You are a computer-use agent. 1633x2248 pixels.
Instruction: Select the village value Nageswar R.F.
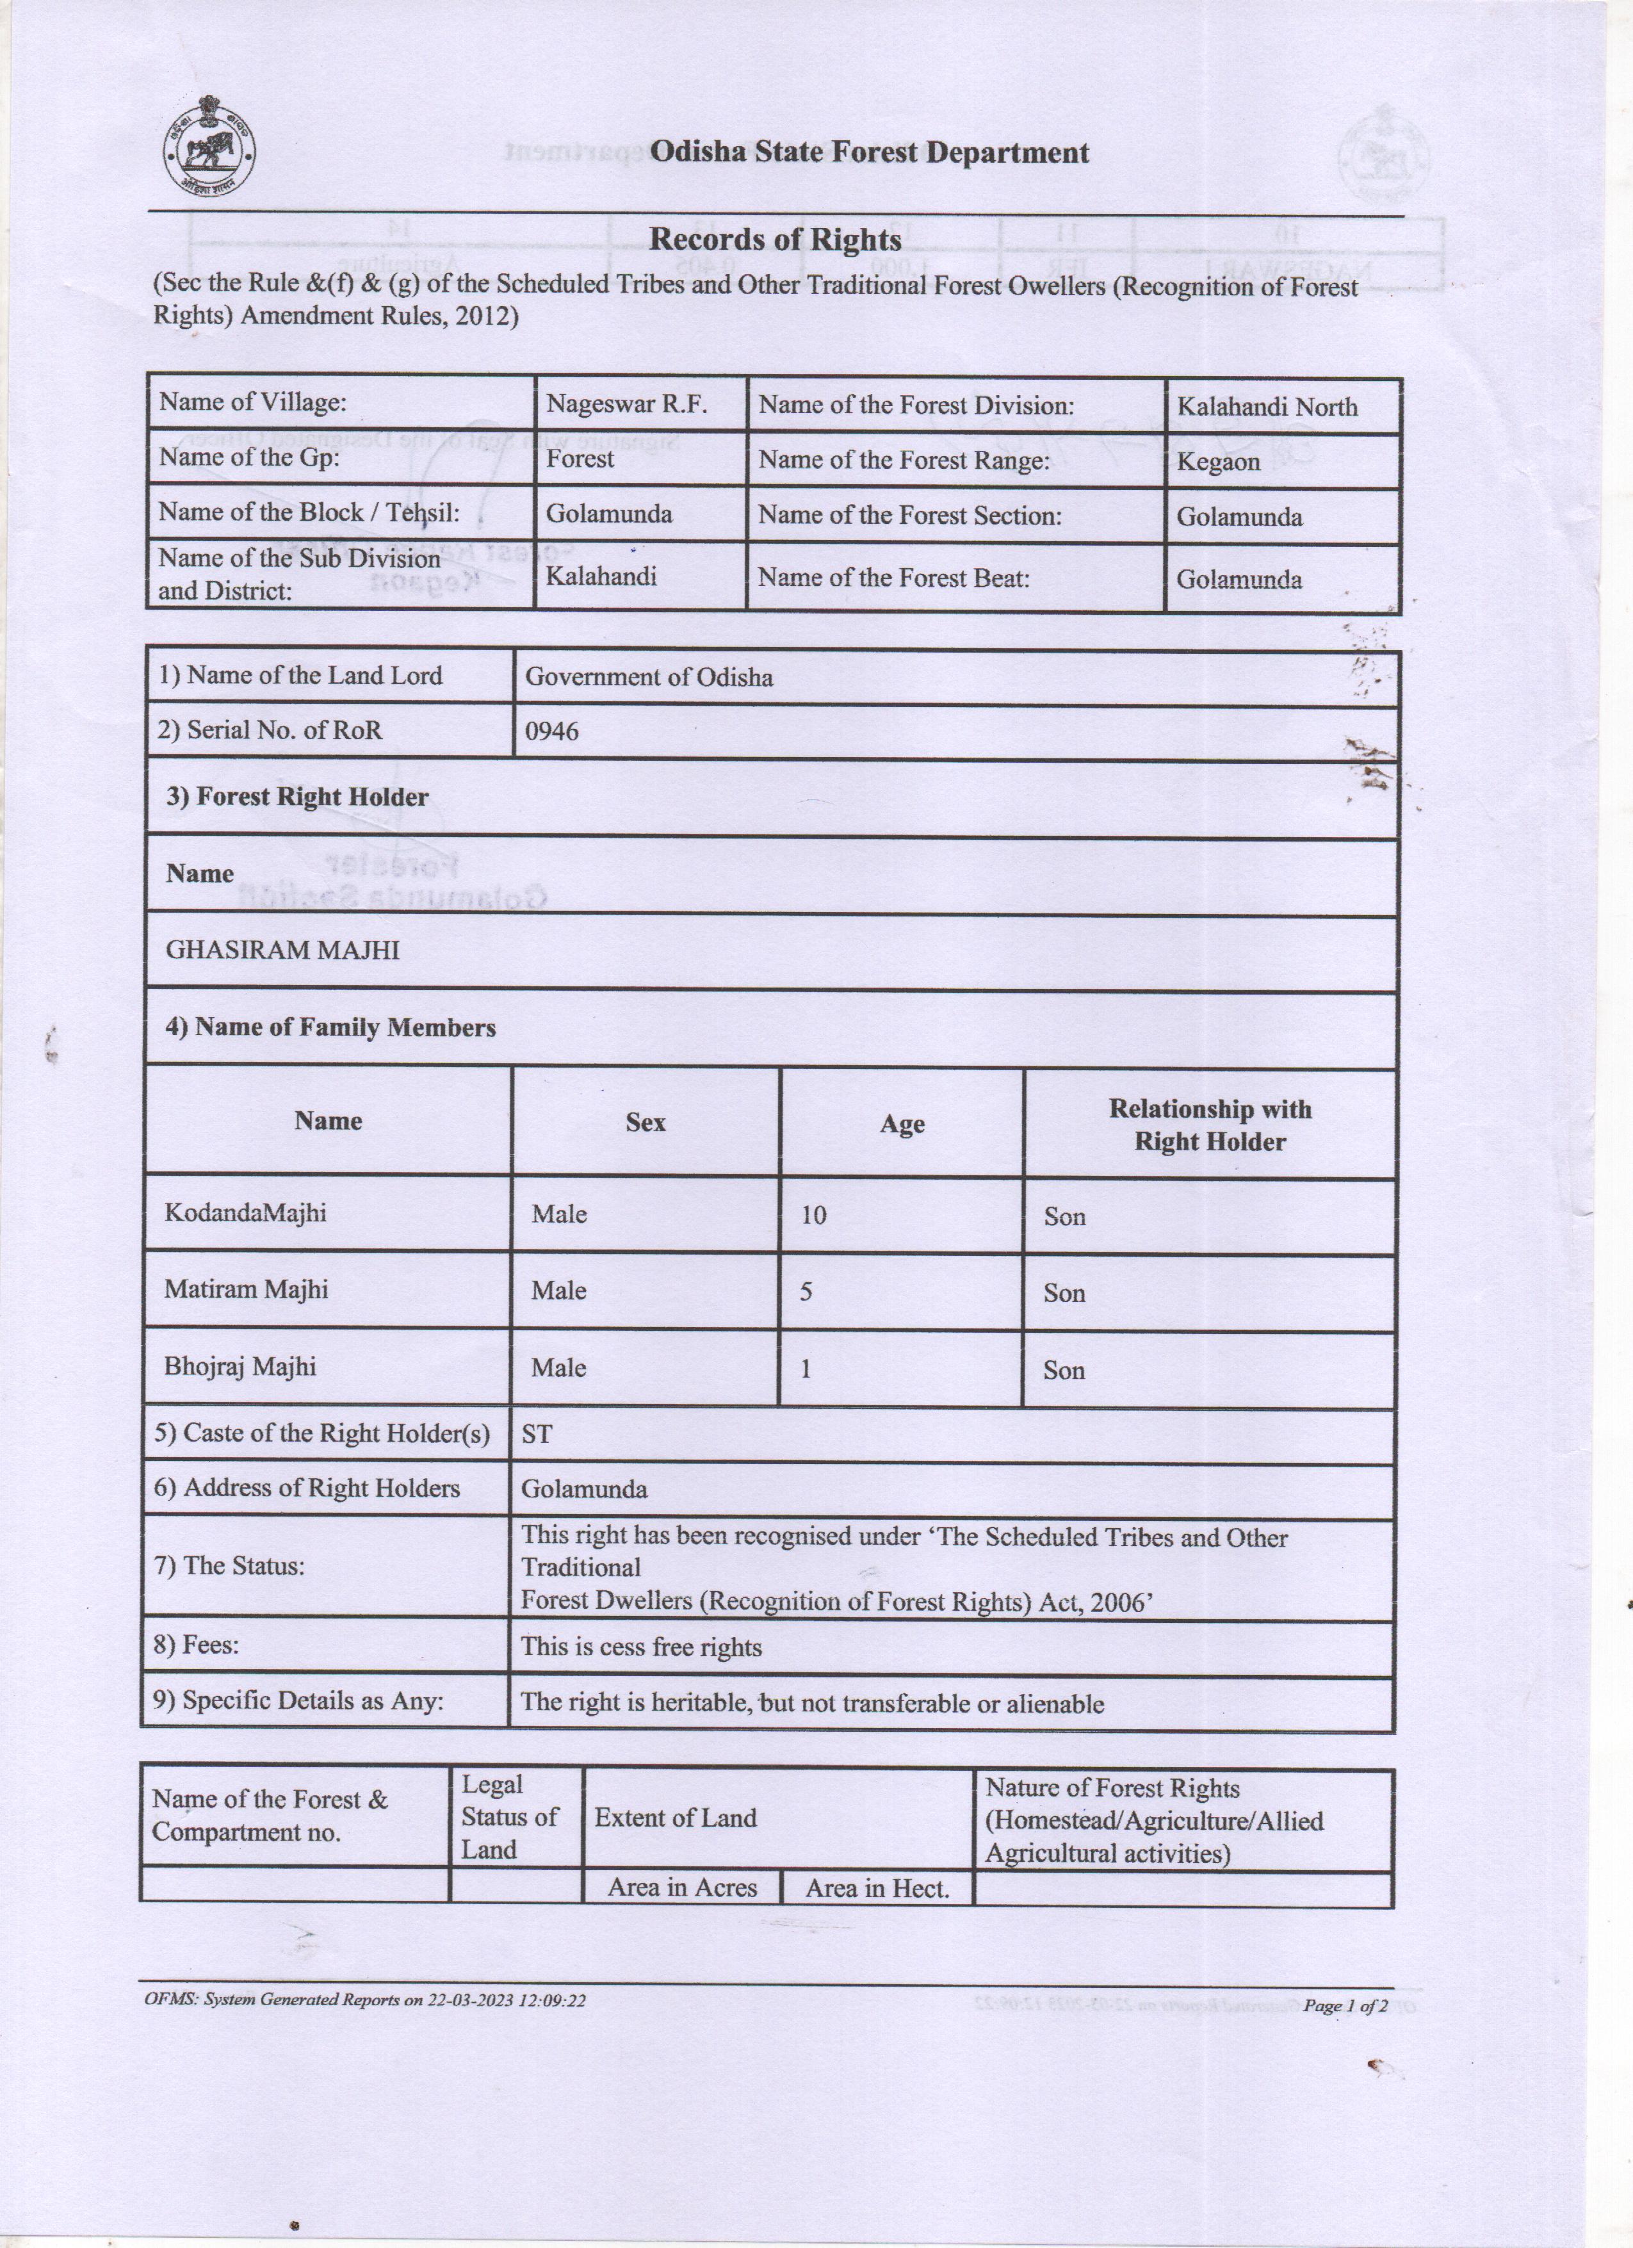626,404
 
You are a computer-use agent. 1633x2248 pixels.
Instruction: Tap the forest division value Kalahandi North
1266,407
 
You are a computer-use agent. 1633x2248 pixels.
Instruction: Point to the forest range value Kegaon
1218,462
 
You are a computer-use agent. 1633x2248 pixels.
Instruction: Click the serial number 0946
552,731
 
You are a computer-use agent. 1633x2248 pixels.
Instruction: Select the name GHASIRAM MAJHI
282,950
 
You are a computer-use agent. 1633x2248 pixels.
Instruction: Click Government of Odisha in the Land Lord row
649,677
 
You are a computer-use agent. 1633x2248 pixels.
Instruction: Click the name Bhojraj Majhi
240,1367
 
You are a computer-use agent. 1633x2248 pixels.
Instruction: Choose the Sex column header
645,1122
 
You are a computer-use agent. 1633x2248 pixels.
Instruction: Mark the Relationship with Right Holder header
1209,1125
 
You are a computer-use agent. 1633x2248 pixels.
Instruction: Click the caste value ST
536,1434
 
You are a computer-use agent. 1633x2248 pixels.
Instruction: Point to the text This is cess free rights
641,1647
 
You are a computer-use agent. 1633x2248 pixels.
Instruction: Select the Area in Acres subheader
682,1887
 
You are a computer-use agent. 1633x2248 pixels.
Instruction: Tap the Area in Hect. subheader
877,1888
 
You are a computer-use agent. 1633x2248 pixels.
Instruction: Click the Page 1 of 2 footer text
1345,2006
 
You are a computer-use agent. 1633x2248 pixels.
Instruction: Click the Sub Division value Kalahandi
601,576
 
